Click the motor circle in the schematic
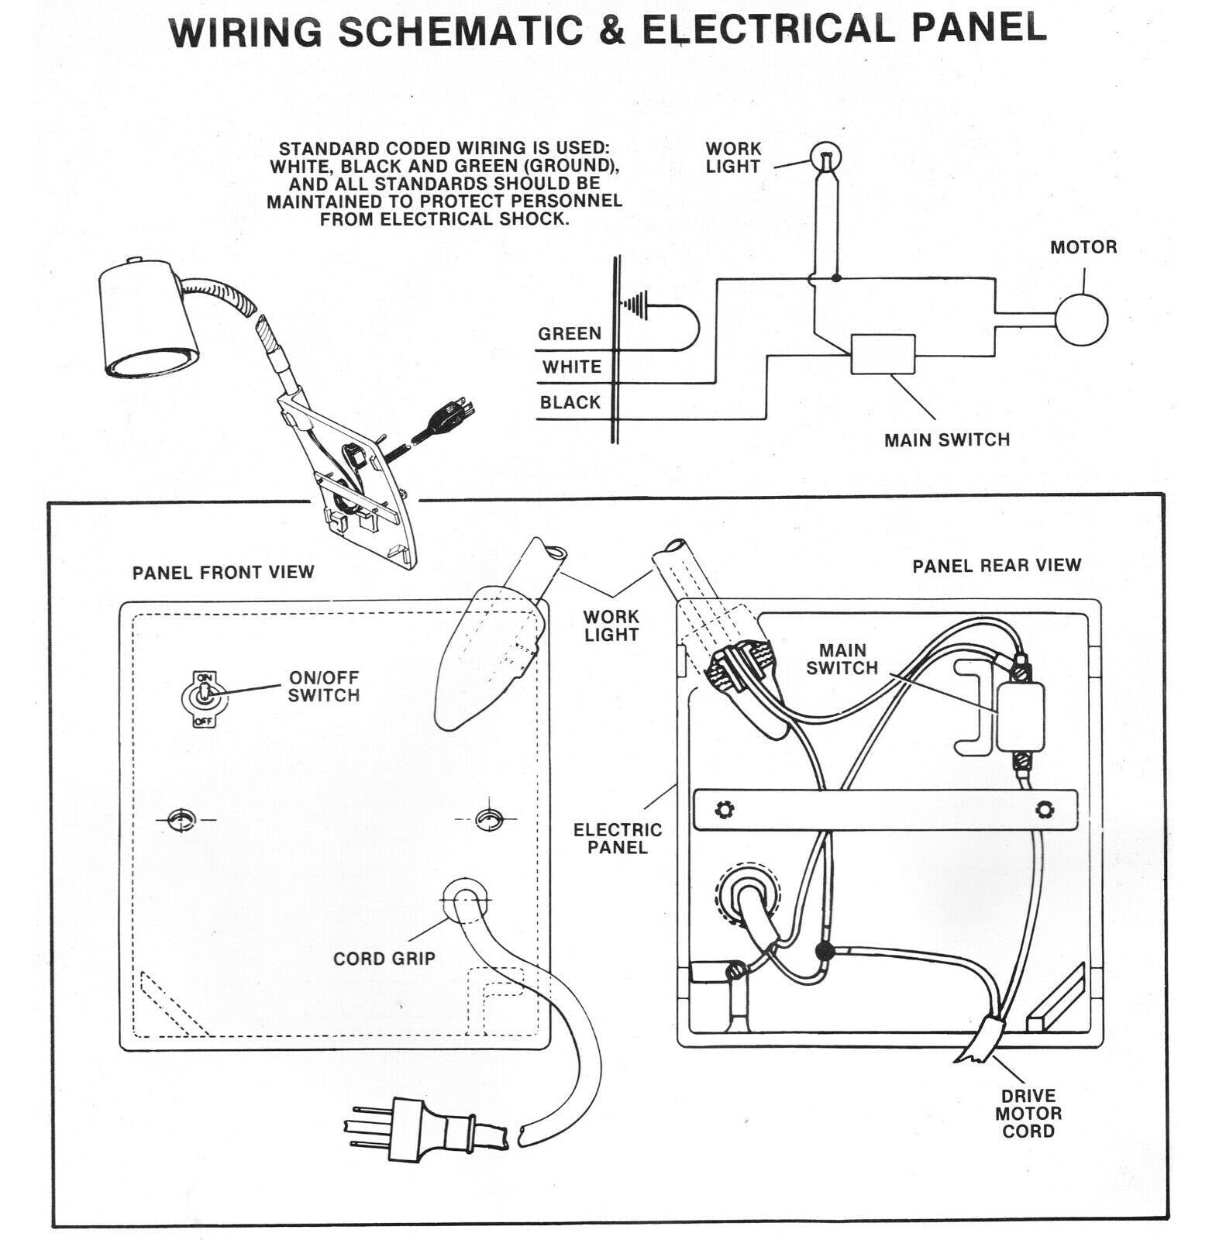pos(1082,319)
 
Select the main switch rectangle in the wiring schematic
pos(883,354)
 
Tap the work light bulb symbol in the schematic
pos(826,158)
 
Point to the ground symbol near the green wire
pos(636,305)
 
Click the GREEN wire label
pos(570,334)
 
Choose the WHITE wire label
pos(571,367)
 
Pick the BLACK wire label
pos(570,403)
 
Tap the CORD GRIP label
pos(384,959)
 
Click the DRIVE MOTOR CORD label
pos(1028,1114)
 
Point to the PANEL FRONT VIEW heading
pos(223,573)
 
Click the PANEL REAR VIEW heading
pos(997,566)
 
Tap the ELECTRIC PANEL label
pos(618,839)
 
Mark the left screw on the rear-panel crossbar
pos(725,810)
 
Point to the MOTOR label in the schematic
pos(1083,248)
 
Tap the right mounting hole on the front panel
pos(488,818)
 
